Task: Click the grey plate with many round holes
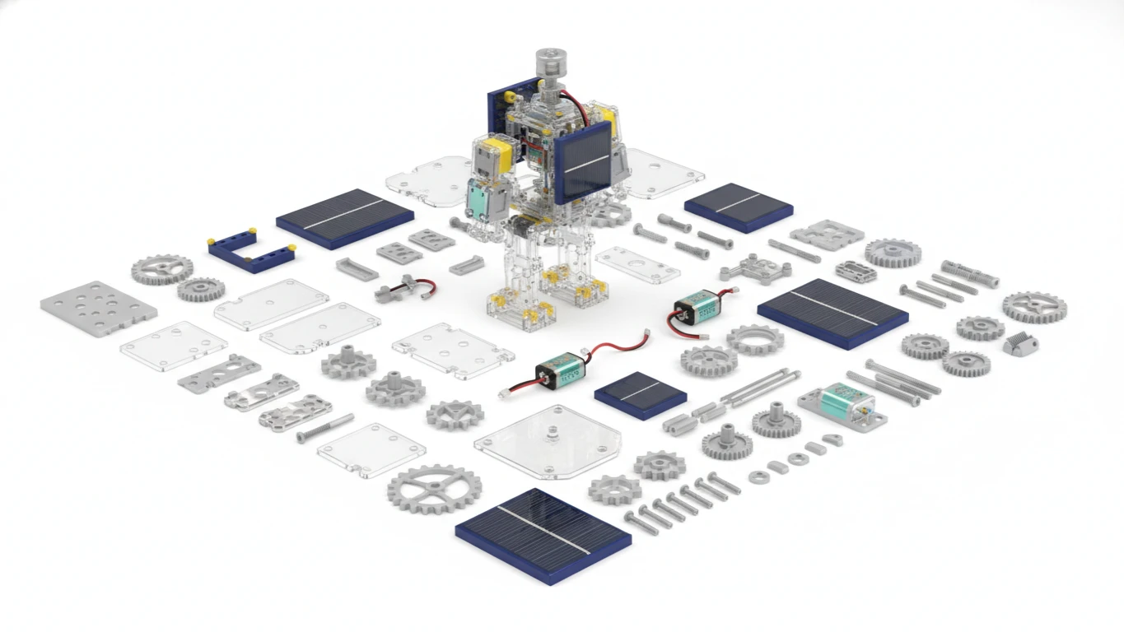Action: pyautogui.click(x=98, y=309)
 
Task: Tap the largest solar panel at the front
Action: pyautogui.click(x=543, y=535)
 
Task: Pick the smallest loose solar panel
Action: pyautogui.click(x=641, y=394)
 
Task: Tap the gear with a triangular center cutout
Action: pyautogui.click(x=455, y=415)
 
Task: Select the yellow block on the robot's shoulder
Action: pyautogui.click(x=492, y=151)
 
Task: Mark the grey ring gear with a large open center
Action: pyautogui.click(x=755, y=339)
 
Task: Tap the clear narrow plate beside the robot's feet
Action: pyautogui.click(x=637, y=263)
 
